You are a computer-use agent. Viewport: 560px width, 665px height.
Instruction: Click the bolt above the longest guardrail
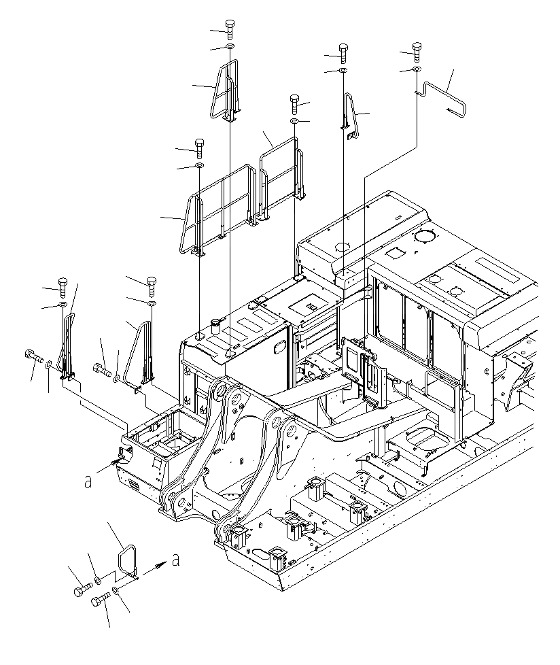199,147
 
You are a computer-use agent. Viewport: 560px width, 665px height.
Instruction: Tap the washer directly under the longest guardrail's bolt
199,165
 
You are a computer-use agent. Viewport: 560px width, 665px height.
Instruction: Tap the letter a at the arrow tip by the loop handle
176,561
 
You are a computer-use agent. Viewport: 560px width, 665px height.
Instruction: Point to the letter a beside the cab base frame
88,481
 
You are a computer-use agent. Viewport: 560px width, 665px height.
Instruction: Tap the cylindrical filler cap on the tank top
218,322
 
